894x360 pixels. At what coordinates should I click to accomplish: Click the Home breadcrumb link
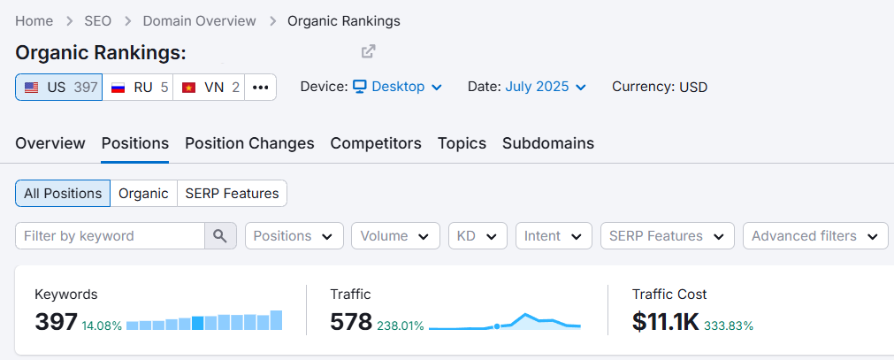pos(34,21)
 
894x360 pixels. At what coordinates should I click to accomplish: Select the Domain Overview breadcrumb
pos(200,21)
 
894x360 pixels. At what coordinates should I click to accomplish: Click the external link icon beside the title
pos(369,51)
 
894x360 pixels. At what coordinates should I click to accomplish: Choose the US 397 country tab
pos(59,88)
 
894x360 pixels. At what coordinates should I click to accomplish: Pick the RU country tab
pos(138,88)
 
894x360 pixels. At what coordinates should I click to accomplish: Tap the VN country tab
pos(209,88)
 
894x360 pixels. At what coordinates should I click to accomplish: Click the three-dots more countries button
pos(261,88)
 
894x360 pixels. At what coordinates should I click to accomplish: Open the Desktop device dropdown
pos(397,87)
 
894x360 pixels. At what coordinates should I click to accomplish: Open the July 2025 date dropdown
pos(546,87)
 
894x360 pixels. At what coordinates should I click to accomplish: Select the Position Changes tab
pos(249,143)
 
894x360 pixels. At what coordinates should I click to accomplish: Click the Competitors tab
pos(376,143)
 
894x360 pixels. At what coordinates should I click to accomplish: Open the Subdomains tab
pos(548,143)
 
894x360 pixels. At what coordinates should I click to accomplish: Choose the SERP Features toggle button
pos(232,194)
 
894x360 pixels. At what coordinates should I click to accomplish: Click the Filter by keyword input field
pos(110,235)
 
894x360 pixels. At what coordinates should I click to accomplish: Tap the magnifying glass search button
pos(221,235)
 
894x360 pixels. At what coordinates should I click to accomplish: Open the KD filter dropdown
pos(478,235)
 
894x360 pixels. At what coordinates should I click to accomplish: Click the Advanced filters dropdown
pos(815,235)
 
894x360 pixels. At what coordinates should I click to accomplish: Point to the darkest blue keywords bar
pos(198,323)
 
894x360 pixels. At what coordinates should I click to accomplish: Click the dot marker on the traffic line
pos(497,326)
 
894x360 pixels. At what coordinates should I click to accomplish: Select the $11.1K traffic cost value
pos(665,322)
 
